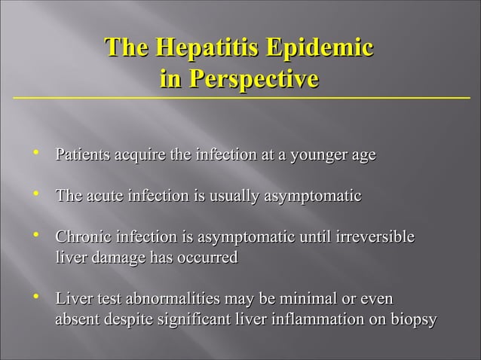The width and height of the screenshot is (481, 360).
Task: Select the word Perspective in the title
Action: coord(252,78)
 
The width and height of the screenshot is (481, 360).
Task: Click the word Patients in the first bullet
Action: coord(82,156)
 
